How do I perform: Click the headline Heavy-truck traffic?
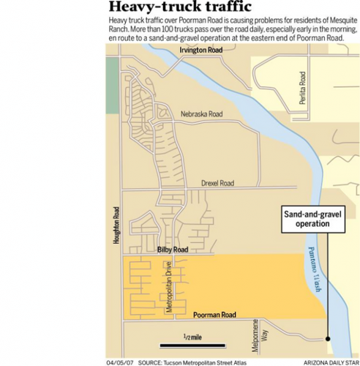click(179, 8)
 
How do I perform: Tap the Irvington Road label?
click(201, 50)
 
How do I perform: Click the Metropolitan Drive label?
click(169, 288)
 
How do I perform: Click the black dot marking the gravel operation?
click(329, 339)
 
